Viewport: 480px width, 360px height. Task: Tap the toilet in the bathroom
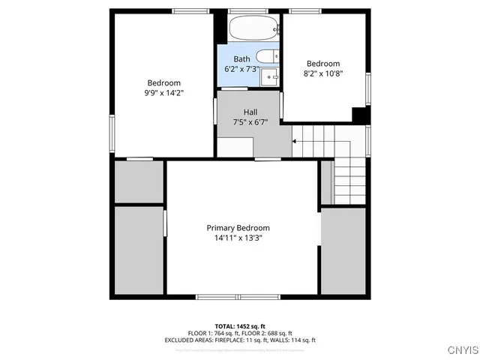click(x=265, y=57)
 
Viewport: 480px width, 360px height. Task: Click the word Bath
click(x=241, y=59)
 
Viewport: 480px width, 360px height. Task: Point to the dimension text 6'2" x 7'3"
click(x=241, y=69)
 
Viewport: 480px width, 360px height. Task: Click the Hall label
click(x=250, y=112)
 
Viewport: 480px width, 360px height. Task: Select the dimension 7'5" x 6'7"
click(x=250, y=122)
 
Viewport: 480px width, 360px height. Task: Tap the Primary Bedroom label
click(x=238, y=228)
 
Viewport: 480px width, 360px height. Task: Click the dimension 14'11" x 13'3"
click(x=238, y=238)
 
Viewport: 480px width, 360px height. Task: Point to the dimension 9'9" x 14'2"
click(x=164, y=92)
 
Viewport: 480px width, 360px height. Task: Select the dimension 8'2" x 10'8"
click(x=323, y=73)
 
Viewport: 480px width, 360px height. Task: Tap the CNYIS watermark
click(x=460, y=349)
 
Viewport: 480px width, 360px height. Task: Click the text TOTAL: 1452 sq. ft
click(x=240, y=326)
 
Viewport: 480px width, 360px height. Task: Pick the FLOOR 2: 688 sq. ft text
click(x=266, y=333)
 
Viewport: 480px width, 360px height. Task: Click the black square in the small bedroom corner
click(x=360, y=115)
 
